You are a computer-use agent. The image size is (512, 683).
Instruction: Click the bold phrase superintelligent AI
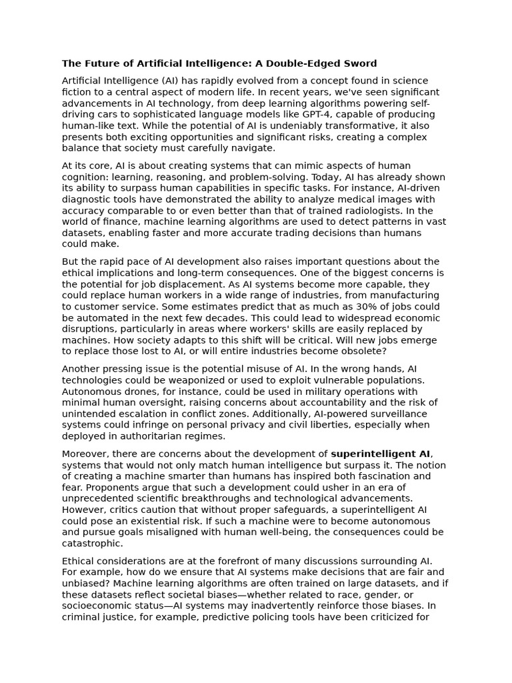(381, 454)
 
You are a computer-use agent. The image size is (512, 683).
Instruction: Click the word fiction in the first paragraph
(77, 92)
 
